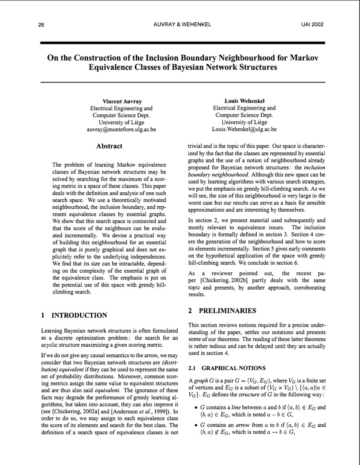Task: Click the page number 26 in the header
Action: [41, 25]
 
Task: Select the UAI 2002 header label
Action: [312, 25]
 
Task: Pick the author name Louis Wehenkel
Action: [244, 101]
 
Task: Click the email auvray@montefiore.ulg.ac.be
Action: [121, 130]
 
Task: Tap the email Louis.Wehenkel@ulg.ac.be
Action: [244, 130]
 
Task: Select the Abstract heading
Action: [109, 146]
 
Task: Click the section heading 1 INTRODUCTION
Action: [74, 315]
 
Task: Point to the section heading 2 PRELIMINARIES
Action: [222, 311]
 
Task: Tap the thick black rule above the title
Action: [183, 43]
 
